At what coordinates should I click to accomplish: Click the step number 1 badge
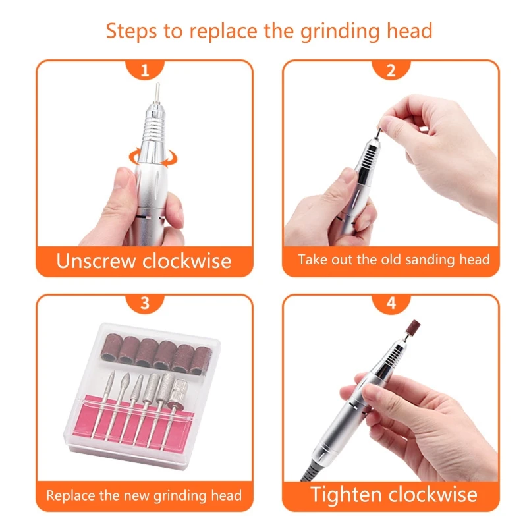click(145, 70)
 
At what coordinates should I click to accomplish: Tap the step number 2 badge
click(391, 70)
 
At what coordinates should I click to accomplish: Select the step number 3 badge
click(145, 304)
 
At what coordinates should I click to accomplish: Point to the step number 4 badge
click(391, 304)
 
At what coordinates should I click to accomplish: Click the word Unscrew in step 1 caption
click(96, 261)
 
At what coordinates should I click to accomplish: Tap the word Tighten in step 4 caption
click(346, 495)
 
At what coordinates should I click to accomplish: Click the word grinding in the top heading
click(340, 32)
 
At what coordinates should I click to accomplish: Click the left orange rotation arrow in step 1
click(135, 156)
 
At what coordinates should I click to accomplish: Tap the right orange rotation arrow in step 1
click(170, 158)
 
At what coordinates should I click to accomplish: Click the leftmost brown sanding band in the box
click(111, 348)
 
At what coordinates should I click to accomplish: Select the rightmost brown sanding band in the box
click(201, 360)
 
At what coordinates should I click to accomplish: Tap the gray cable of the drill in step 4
click(308, 472)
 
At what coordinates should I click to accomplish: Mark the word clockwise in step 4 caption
click(433, 495)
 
